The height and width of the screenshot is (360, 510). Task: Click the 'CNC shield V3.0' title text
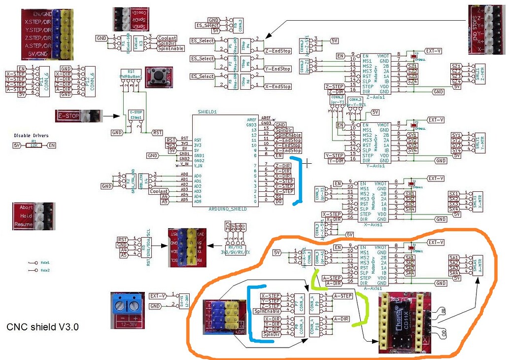coord(43,327)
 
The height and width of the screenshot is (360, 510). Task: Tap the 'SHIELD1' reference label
coord(207,111)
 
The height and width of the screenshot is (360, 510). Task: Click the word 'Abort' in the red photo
coord(26,207)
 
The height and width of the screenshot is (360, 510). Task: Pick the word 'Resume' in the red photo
coord(24,224)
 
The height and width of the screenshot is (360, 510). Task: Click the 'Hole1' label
coord(45,263)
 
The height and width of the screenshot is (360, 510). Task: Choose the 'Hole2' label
coord(45,270)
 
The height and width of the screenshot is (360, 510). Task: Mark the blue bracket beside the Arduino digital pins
coord(297,180)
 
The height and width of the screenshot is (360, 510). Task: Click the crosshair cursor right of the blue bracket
coord(308,163)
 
